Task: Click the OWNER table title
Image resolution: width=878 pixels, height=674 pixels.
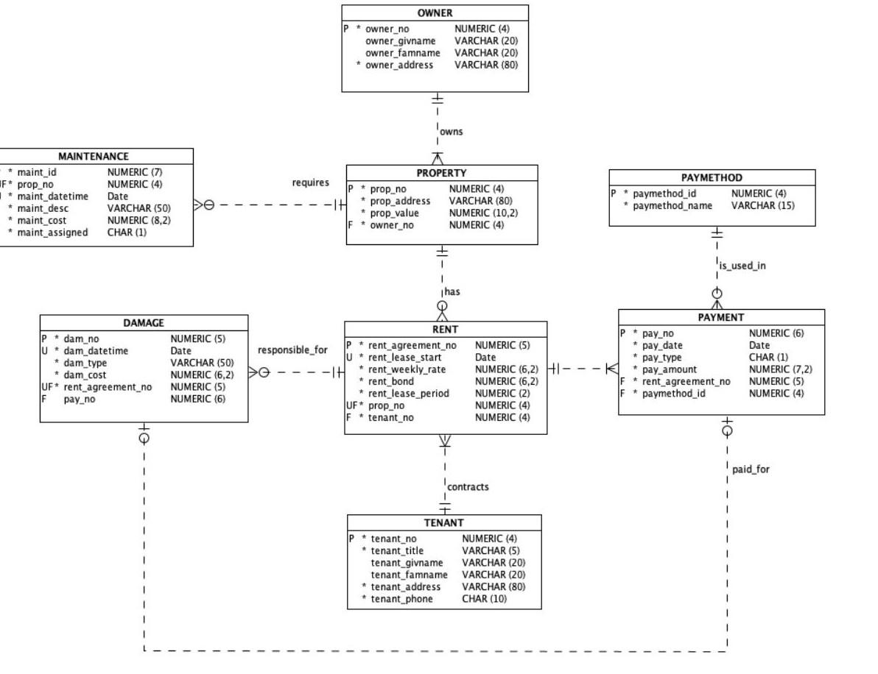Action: click(x=435, y=13)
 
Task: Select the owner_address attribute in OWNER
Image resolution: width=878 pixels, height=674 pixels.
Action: click(x=399, y=65)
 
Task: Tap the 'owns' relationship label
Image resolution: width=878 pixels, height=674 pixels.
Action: click(x=451, y=132)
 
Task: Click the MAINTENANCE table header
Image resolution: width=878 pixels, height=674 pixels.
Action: click(x=93, y=156)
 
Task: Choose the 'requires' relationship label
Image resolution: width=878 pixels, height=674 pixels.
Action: click(x=311, y=182)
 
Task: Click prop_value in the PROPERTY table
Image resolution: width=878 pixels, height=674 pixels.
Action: click(x=396, y=213)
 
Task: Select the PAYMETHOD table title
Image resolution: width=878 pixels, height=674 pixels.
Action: click(x=712, y=177)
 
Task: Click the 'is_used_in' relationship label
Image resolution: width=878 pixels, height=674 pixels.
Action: click(x=742, y=266)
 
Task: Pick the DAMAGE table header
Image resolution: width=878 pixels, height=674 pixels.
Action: click(x=144, y=322)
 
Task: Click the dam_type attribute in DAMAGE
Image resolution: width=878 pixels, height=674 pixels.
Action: click(x=85, y=363)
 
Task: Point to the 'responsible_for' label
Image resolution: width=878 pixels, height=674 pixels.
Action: click(x=292, y=350)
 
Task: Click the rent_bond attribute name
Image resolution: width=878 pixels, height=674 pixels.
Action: click(x=391, y=381)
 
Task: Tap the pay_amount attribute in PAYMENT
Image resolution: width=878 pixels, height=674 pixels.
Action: click(x=664, y=369)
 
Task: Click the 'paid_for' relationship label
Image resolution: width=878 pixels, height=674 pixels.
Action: click(x=751, y=469)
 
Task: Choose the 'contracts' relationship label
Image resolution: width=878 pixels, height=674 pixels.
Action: click(x=468, y=486)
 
